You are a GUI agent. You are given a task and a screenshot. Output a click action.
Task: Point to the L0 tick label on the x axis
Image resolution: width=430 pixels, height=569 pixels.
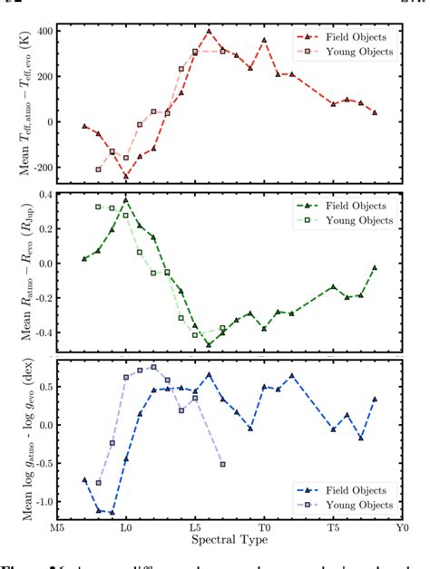point(126,526)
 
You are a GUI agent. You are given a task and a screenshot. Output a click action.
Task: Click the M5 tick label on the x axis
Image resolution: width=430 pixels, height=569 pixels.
point(57,526)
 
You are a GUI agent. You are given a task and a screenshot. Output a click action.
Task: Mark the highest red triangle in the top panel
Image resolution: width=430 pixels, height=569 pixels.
point(209,31)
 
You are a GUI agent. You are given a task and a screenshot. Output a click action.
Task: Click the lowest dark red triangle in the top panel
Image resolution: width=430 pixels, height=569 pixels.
point(126,177)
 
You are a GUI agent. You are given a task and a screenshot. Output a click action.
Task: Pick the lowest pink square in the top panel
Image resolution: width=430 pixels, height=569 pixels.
point(98,169)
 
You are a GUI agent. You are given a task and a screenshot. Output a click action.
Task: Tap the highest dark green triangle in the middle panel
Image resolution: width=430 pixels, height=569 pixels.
point(126,199)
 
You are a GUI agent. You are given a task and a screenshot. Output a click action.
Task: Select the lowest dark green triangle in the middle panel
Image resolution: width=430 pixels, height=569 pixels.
point(209,344)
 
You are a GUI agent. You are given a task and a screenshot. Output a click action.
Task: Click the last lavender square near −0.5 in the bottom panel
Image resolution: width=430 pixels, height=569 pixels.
point(223,464)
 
